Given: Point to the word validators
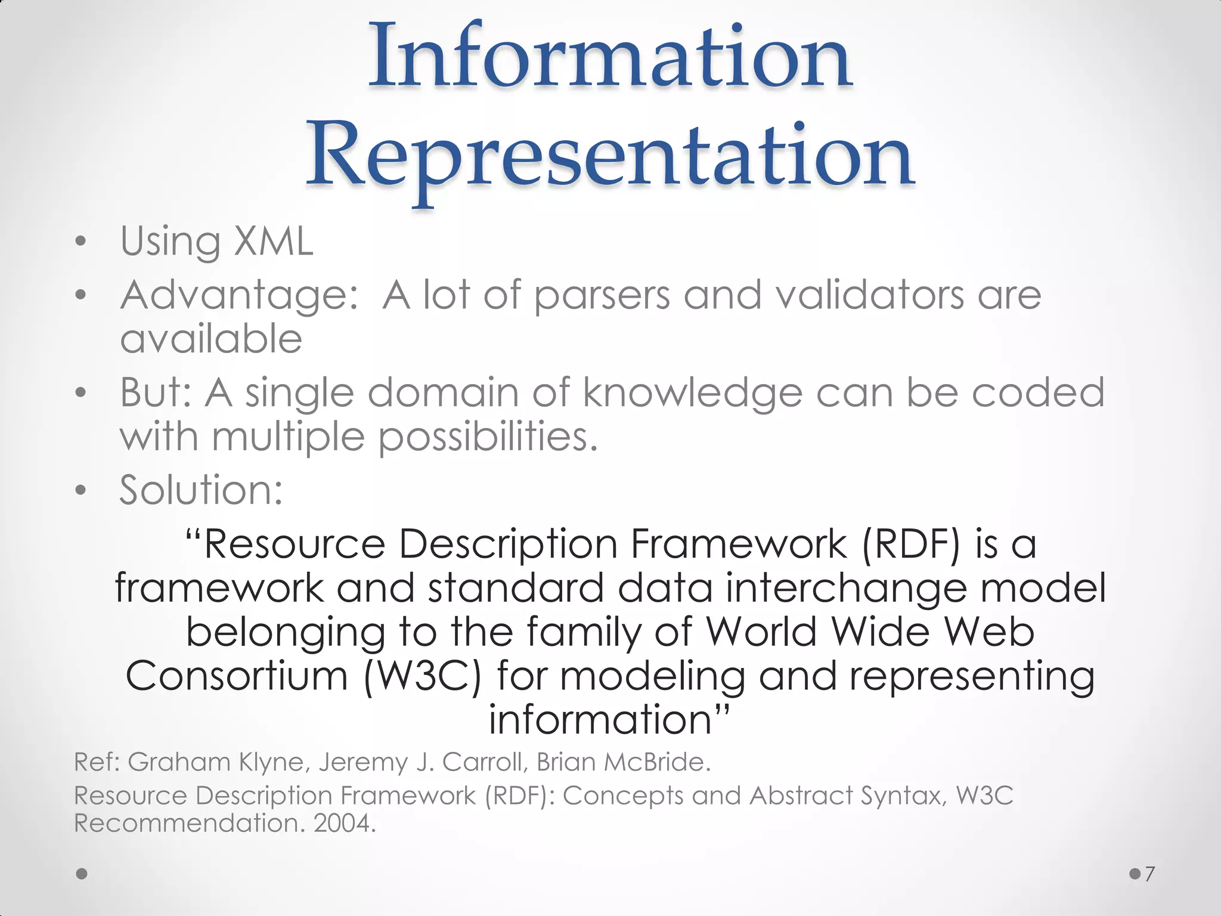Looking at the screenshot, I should pyautogui.click(x=870, y=295).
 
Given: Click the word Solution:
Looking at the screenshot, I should pyautogui.click(x=201, y=490).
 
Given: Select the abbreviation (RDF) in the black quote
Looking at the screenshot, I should pyautogui.click(x=911, y=544).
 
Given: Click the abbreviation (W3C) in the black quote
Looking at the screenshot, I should pyautogui.click(x=422, y=677).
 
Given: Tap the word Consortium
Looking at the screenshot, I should pyautogui.click(x=236, y=676).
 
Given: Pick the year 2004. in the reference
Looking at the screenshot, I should pyautogui.click(x=345, y=824).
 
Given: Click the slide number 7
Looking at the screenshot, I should pyautogui.click(x=1149, y=874).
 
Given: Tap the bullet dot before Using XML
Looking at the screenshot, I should pyautogui.click(x=81, y=242).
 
